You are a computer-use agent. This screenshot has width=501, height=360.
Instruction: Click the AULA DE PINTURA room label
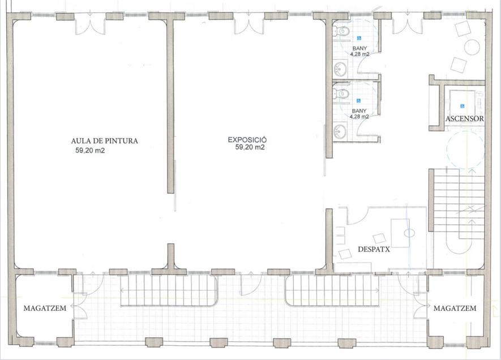tap(105, 141)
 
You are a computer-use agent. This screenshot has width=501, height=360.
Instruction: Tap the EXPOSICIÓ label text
tap(247, 140)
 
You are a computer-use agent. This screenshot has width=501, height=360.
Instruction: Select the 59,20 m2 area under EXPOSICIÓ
tap(250, 147)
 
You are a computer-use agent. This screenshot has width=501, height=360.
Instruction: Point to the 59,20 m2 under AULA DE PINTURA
tap(90, 151)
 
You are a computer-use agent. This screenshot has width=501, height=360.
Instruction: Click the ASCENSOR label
tap(465, 118)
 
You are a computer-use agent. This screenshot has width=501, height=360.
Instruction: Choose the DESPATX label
tap(374, 250)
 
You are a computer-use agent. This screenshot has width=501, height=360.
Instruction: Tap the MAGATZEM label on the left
tap(45, 308)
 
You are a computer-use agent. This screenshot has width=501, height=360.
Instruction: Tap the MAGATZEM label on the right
tap(455, 308)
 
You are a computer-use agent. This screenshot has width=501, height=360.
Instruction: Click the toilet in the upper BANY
tap(341, 31)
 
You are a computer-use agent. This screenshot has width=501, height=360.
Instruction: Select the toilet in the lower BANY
tap(341, 94)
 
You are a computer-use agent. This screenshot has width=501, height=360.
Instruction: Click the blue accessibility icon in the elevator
tap(462, 106)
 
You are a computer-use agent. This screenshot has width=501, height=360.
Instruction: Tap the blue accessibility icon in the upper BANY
tap(359, 38)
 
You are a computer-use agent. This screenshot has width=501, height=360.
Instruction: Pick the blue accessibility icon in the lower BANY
tap(359, 101)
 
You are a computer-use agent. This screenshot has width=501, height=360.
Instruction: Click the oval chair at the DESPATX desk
tap(409, 233)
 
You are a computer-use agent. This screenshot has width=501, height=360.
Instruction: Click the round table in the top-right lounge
tap(472, 48)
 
